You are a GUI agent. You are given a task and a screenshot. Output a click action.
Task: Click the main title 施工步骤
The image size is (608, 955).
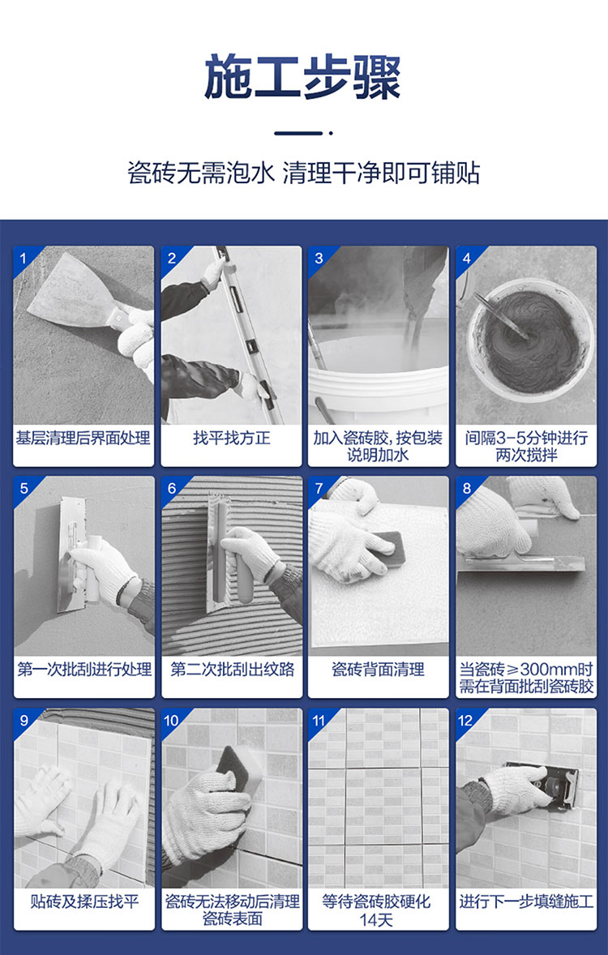tap(302, 77)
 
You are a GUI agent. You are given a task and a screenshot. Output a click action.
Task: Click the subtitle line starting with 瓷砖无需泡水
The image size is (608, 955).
tap(303, 173)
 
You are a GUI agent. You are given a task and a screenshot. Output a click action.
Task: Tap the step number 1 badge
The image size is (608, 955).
tap(24, 259)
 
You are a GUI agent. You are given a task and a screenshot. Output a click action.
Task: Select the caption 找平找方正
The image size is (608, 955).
tap(232, 438)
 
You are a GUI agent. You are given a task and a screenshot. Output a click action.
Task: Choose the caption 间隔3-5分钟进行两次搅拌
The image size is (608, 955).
tap(526, 447)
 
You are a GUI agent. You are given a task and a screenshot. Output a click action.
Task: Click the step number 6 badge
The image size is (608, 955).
tap(171, 489)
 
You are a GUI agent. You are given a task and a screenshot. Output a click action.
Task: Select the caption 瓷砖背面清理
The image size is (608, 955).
tap(378, 670)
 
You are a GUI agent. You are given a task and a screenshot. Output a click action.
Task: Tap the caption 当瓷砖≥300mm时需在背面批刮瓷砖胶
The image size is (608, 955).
tap(526, 678)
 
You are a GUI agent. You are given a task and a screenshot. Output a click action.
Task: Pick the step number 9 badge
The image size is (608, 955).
tap(24, 721)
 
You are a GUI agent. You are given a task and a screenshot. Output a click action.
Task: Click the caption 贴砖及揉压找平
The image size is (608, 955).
tap(84, 901)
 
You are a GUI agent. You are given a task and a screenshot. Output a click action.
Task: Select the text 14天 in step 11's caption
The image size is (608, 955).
tap(376, 919)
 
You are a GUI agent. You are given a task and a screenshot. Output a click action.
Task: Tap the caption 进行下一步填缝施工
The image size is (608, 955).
tap(526, 901)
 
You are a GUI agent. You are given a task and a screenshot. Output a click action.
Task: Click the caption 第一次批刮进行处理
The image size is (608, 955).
tap(84, 670)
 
